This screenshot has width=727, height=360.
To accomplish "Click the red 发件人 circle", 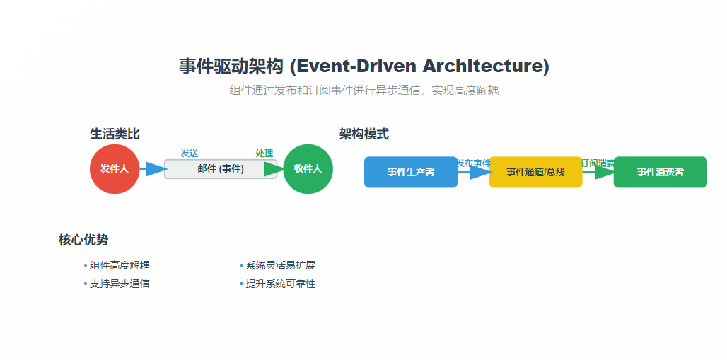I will [115, 168].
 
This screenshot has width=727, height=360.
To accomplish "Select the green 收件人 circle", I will [308, 168].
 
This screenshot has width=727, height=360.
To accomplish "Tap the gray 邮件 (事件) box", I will [221, 168].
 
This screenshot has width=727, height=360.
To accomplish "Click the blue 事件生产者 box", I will [411, 172].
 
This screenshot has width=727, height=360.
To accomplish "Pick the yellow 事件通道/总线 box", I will [535, 172].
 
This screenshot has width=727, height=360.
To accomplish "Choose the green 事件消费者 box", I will [660, 172].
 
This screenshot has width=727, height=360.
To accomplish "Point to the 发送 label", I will [189, 153].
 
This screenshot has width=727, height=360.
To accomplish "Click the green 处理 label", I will [264, 153].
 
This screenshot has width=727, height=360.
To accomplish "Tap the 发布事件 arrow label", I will [473, 163].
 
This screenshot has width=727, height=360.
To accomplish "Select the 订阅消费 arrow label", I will [598, 163].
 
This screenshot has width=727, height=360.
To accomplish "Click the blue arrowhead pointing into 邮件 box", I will [156, 168].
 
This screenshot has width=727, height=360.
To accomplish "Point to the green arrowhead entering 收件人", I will [274, 168].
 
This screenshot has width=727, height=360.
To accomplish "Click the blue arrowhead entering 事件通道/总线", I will [480, 172].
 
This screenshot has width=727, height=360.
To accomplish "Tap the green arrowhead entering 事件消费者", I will [605, 172].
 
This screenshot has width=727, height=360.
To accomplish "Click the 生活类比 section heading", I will [115, 134].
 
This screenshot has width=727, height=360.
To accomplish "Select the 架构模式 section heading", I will [363, 134].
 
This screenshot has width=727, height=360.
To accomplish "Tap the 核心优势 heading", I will [83, 240].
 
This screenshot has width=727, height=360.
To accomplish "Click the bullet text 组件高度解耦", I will [120, 265].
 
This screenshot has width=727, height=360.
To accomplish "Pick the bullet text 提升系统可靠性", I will [280, 284].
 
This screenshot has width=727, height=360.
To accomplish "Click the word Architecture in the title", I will [486, 66].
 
